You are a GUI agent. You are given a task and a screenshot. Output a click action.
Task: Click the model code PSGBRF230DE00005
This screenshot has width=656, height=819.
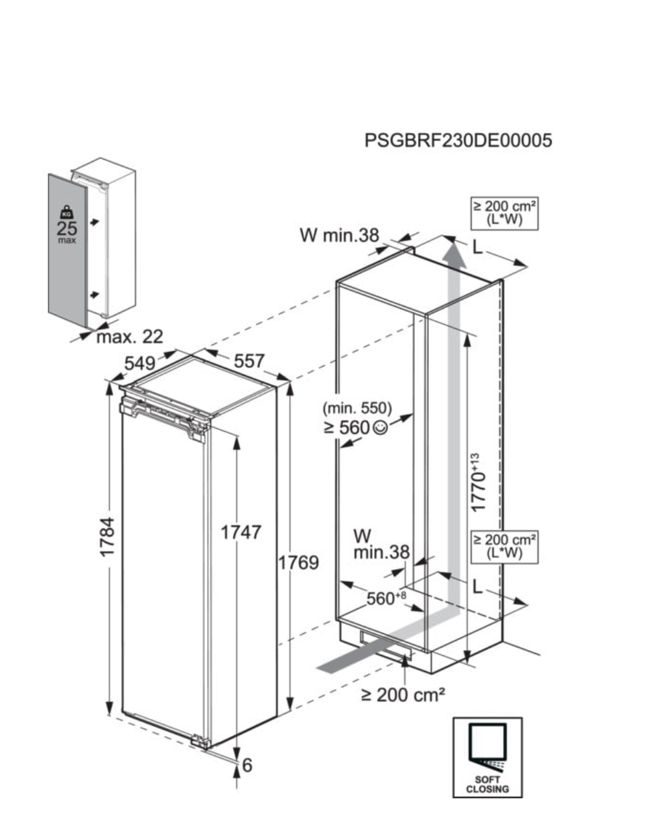coord(458,140)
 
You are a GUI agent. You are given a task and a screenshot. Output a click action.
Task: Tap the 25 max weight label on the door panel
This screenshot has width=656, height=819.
coord(67,231)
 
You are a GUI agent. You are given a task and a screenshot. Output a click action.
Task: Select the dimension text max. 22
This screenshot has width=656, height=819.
coord(130,337)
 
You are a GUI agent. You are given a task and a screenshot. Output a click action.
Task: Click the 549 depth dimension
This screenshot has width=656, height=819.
coord(140,363)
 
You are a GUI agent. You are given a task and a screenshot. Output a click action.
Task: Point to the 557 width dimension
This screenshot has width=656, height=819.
coord(249,361)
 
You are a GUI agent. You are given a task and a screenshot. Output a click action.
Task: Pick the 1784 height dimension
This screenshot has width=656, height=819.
coord(107,537)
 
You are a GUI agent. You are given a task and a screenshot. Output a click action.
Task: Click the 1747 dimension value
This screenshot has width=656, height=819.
coord(241,532)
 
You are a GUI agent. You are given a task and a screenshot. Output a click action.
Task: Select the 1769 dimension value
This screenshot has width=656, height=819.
coord(299,563)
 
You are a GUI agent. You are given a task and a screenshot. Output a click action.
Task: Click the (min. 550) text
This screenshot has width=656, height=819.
coord(357,408)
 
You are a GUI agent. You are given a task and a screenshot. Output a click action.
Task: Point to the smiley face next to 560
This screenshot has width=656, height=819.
coord(380,428)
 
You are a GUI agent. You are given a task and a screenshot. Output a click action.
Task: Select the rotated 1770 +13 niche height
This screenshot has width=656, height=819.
coord(479,482)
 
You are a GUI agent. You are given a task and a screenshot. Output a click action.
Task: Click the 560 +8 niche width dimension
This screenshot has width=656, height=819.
coord(386,598)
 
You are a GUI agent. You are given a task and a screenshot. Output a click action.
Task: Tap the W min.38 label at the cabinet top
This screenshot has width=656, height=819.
coord(339,235)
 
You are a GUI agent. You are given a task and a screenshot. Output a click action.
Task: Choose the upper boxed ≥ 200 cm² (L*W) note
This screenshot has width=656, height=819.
coord(504,213)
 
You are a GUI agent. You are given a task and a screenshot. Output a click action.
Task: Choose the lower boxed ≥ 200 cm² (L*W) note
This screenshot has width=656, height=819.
coord(504,547)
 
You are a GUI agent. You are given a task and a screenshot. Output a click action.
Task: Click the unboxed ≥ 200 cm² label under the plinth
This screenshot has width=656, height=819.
coord(403,695)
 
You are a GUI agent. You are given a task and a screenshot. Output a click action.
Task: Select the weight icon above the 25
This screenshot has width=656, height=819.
coord(67,212)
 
